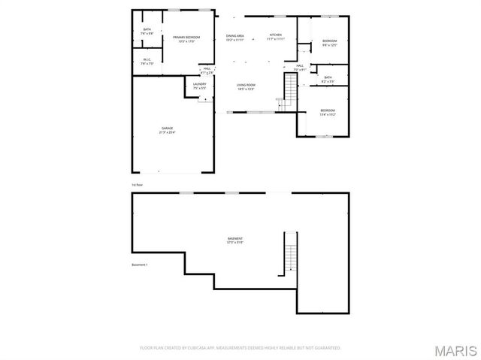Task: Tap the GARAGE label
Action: pyautogui.click(x=167, y=129)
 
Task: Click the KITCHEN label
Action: pyautogui.click(x=276, y=35)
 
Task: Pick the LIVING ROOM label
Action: pyautogui.click(x=246, y=86)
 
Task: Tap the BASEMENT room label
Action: pyautogui.click(x=235, y=240)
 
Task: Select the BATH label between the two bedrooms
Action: pyautogui.click(x=328, y=77)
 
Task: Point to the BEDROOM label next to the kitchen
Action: pyautogui.click(x=329, y=41)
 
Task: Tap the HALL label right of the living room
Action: pyautogui.click(x=299, y=66)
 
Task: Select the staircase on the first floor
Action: pyautogui.click(x=289, y=90)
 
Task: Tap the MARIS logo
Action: pyautogui.click(x=456, y=349)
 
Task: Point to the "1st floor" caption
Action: pyautogui.click(x=137, y=183)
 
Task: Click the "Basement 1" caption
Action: pyautogui.click(x=140, y=265)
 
